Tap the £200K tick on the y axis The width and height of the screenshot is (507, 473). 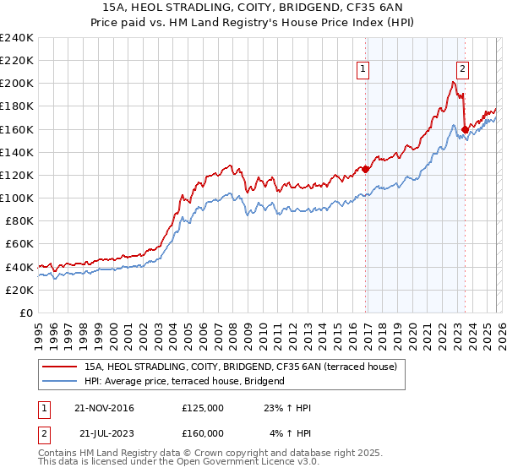coord(17,84)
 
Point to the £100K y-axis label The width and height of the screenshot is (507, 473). coord(17,198)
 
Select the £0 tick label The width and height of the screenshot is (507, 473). coord(25,313)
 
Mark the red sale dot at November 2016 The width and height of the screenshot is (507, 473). coord(366,169)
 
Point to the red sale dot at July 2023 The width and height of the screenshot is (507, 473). coord(465,129)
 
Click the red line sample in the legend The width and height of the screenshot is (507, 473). coord(60,367)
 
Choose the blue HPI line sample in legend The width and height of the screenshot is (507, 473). coord(60,381)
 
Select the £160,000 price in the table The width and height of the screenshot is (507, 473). coord(203,432)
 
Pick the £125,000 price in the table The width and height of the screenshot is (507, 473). coord(203,408)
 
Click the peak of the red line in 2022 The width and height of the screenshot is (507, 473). coord(454,82)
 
